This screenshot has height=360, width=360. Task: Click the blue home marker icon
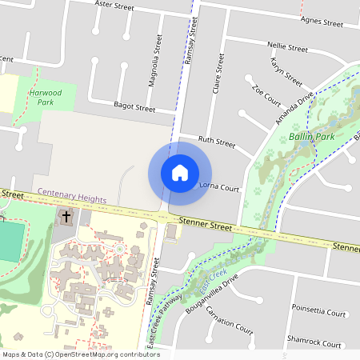click(180, 172)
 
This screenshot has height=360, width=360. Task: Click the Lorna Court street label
click(218, 188)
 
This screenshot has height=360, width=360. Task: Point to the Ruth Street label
click(217, 142)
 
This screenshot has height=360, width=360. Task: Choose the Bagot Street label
click(134, 107)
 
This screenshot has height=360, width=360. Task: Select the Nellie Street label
click(288, 48)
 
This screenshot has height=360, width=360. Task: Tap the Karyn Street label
click(286, 73)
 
